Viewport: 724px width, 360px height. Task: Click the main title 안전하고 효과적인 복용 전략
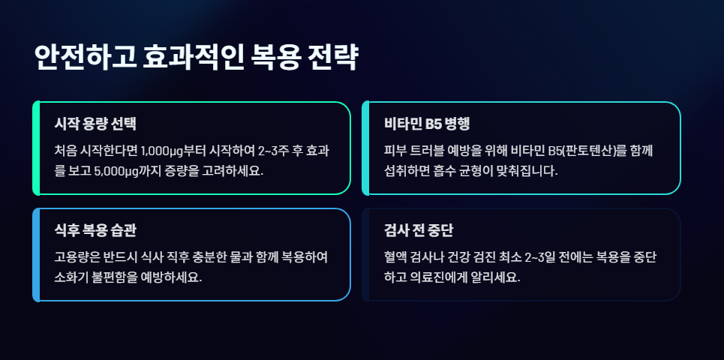click(196, 58)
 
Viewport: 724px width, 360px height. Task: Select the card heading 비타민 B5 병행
click(426, 124)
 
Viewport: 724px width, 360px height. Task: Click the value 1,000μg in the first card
click(164, 150)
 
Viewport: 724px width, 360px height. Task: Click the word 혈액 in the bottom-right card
click(395, 257)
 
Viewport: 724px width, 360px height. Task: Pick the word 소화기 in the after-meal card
click(69, 277)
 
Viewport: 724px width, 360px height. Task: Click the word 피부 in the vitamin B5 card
click(395, 150)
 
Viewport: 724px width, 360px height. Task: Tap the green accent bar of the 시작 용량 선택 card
click(36, 148)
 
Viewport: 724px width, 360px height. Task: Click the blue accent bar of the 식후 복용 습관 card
click(36, 255)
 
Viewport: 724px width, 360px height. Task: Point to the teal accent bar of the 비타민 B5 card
click(365, 148)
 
